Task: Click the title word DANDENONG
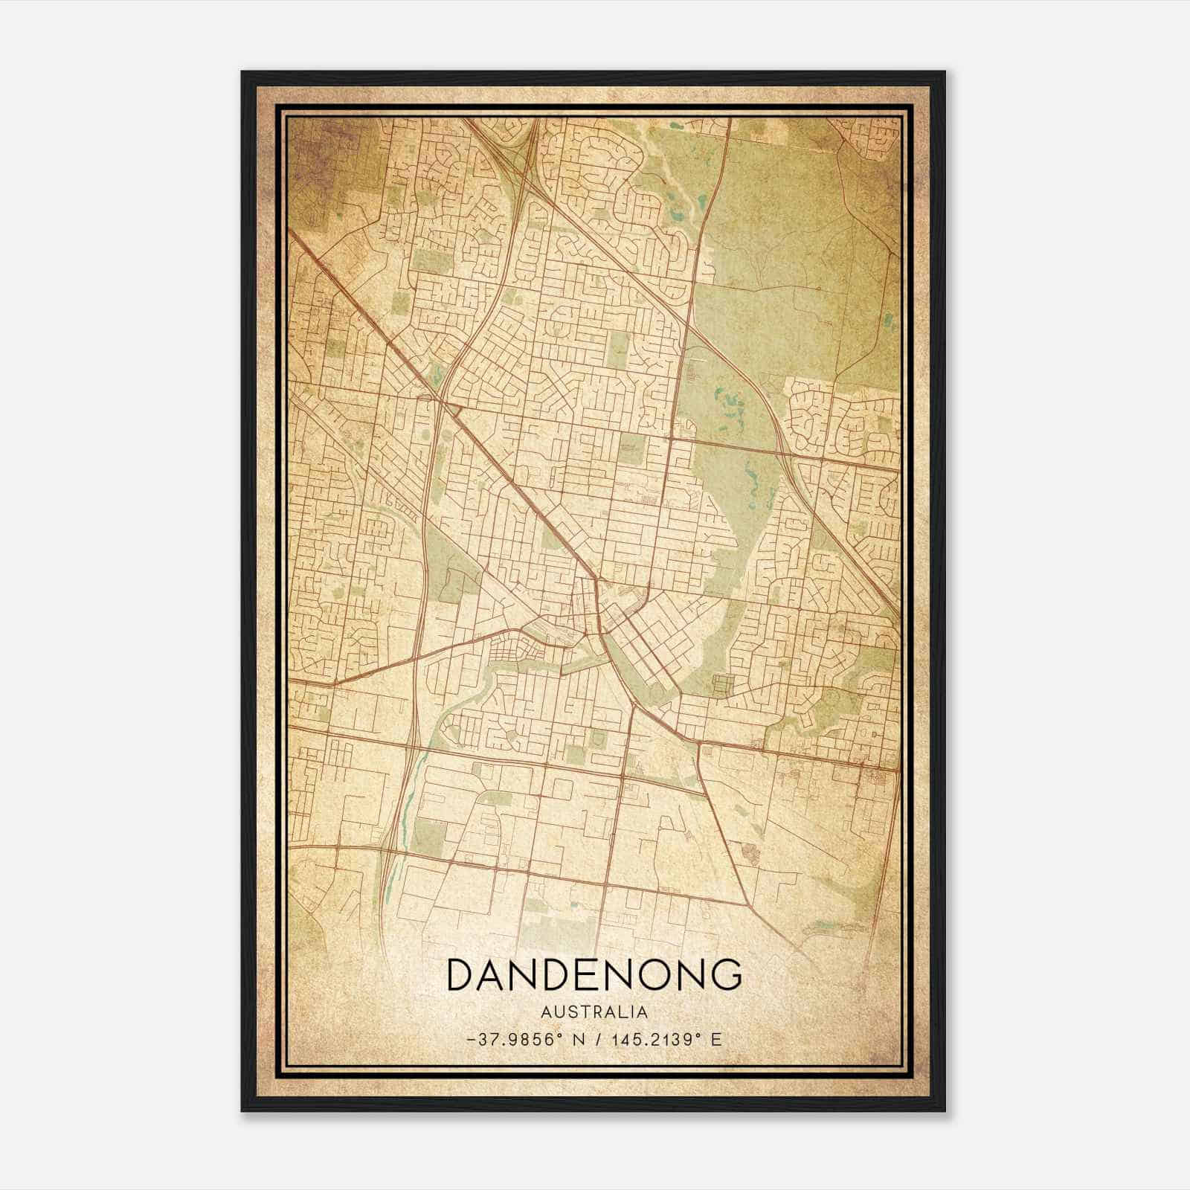coord(594,975)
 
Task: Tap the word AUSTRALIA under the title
coord(594,1012)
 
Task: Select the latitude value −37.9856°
coord(511,1040)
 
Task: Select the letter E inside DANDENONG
coord(582,975)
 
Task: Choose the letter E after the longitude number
coord(716,1040)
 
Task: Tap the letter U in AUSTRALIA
coord(559,1012)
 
